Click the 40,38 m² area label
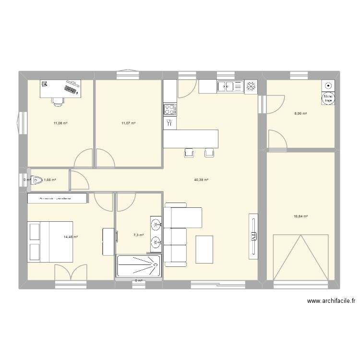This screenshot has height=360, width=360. pos(201,180)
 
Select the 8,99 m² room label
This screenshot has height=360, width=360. pos(300,114)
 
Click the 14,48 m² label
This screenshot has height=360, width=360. pos(71,237)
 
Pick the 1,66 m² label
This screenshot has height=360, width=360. pos(50,180)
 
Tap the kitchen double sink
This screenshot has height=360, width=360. pos(230,87)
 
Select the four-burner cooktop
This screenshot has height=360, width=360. pos(170,109)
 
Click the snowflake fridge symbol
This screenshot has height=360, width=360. pos(251,87)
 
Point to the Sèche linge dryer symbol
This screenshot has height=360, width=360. pos(328,98)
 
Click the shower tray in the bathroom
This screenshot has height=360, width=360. pos(139,265)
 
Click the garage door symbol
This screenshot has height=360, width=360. pos(301,257)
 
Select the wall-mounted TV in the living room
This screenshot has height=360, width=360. pos(252,236)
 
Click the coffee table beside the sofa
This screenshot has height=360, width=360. pos(204,250)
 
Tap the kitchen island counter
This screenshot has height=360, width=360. pos(191,139)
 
